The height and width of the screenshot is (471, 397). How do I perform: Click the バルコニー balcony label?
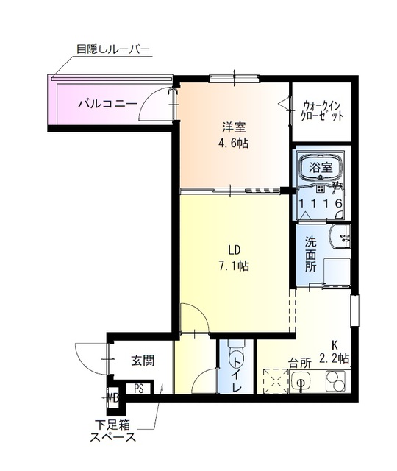coord(107,104)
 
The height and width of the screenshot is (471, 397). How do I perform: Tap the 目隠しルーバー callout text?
coord(113,50)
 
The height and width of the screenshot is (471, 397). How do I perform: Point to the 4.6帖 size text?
coord(232,143)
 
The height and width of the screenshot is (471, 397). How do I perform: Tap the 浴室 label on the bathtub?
coord(321,167)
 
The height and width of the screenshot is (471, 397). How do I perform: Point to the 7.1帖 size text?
coord(233,266)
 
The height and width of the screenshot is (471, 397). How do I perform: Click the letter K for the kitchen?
coord(335,343)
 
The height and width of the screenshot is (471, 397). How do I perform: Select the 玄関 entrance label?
coord(143,361)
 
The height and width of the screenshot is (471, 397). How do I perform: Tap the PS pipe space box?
coord(138,389)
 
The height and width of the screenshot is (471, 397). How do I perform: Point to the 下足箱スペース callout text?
coord(113,431)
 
